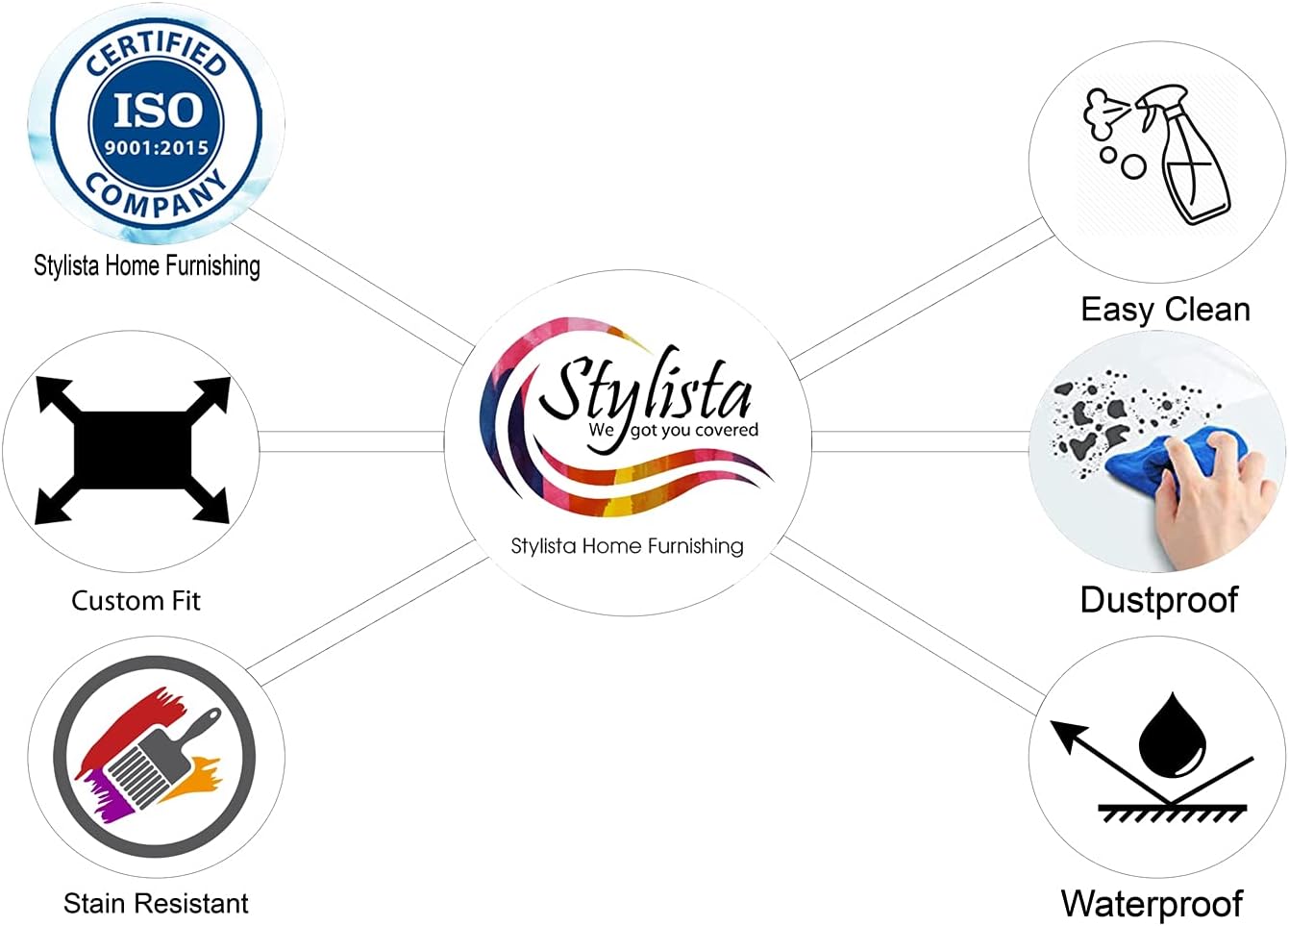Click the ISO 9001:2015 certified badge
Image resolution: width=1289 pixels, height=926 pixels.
point(157,123)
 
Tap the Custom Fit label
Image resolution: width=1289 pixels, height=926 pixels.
point(136,601)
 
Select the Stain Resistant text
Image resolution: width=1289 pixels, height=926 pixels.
point(156,904)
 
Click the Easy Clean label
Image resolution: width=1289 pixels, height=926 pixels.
point(1165,310)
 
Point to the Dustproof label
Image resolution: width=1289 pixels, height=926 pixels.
point(1158,600)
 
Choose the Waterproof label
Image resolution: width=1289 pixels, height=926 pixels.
point(1152,904)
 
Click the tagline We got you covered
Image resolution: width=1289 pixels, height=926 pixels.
point(674,430)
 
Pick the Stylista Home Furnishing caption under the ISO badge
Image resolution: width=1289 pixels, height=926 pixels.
point(147,265)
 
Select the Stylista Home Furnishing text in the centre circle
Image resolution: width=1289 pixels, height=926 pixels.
point(627,546)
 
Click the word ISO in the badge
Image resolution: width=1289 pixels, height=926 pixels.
point(159,111)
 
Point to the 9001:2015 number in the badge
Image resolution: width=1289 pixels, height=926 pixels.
point(157,148)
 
